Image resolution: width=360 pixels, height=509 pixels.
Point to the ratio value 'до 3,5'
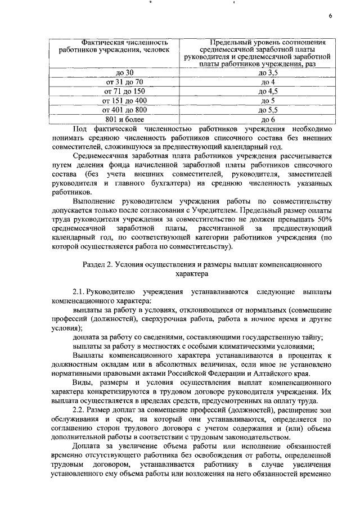268,73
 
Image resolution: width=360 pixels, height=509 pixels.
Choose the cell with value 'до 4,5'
268,91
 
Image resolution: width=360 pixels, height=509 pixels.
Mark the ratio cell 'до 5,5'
268,110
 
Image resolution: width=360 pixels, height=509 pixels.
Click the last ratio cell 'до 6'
268,119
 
